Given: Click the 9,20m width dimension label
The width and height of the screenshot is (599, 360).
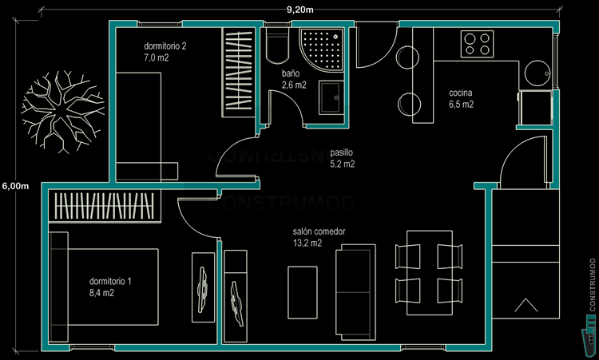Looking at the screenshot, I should [299, 9].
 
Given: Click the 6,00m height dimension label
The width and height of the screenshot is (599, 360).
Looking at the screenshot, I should [15, 187].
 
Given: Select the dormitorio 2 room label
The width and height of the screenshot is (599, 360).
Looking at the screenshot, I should [165, 46].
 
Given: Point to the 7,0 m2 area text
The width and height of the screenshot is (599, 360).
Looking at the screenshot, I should [157, 58].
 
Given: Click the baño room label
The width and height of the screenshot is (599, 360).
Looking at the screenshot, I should [291, 73].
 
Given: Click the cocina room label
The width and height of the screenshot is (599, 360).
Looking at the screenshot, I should [462, 93].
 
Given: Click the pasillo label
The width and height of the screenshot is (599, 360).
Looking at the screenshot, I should [341, 152].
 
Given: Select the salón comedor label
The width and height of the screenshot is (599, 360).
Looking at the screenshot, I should [319, 231].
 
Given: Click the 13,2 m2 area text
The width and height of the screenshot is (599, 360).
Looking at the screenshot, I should [307, 243].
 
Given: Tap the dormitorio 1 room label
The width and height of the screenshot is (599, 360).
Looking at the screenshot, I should [111, 282].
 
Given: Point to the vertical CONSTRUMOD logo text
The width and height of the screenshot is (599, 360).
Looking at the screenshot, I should [591, 283].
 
